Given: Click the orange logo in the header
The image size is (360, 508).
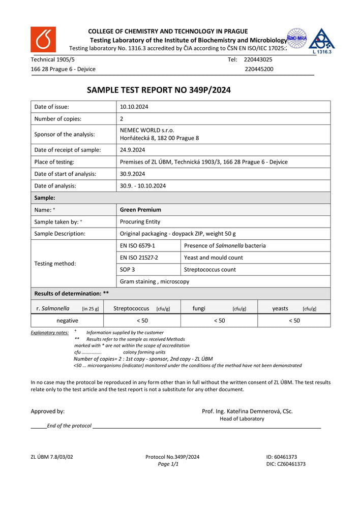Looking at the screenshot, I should tap(43, 39).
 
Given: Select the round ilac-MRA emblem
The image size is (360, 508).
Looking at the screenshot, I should tap(297, 38).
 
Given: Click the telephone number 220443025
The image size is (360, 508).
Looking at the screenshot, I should tap(258, 59).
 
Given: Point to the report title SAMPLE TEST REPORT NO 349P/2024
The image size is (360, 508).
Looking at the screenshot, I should tap(159, 90).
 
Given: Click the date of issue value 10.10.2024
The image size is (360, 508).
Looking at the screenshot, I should tap(134, 107).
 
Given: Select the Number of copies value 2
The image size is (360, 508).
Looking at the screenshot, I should tap(122, 119).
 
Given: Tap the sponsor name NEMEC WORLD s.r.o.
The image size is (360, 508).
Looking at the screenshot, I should tap(147, 130).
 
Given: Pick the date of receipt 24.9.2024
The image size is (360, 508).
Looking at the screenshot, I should tap(133, 150).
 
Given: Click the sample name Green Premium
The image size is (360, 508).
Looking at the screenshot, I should tap(140, 210).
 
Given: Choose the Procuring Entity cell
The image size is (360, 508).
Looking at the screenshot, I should tap(140, 221).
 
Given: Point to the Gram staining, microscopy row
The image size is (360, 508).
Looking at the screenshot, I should tap(155, 281).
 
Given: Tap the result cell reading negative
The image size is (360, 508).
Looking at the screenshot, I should tap(67, 321).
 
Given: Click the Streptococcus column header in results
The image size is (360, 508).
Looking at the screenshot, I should tap(131, 308).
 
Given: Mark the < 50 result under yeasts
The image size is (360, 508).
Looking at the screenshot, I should tap(294, 321).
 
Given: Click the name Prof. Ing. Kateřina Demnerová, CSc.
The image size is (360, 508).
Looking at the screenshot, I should tap(247, 411).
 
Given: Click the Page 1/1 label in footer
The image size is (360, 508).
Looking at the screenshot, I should tap(168, 464).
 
